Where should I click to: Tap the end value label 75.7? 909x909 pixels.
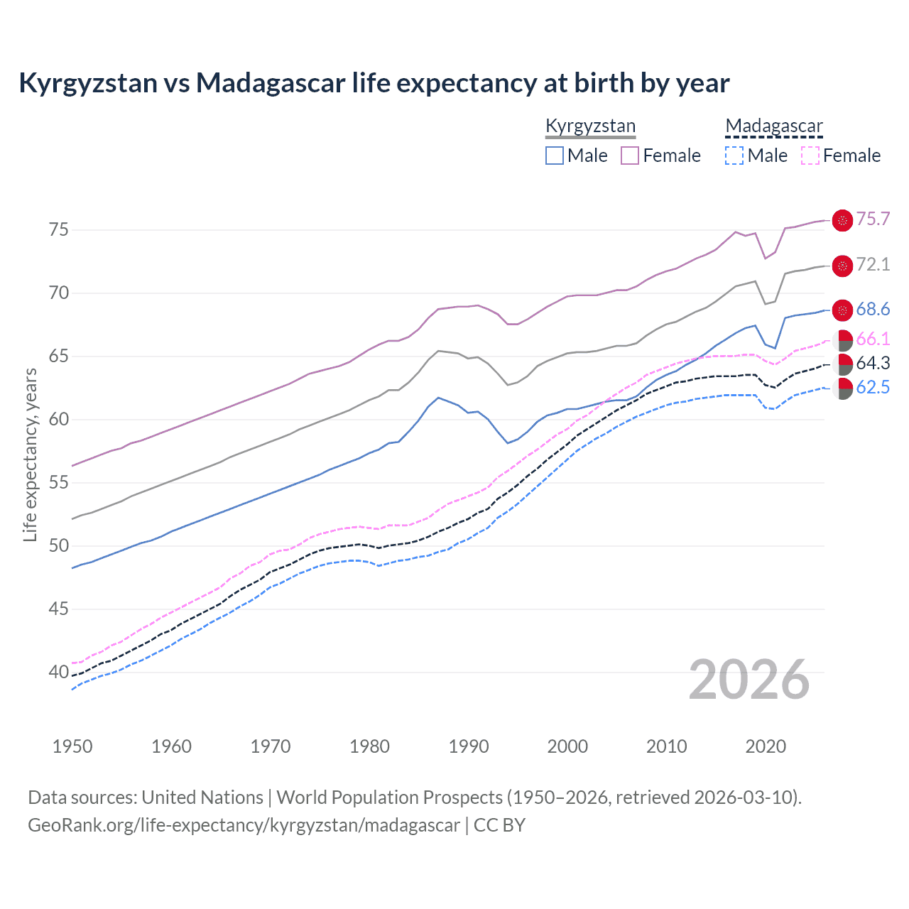pyautogui.click(x=873, y=219)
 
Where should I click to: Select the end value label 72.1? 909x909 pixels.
pyautogui.click(x=873, y=265)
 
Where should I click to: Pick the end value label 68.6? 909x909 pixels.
pyautogui.click(x=873, y=310)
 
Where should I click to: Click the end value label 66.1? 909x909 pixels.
pyautogui.click(x=873, y=339)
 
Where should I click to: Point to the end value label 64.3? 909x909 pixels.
pyautogui.click(x=873, y=364)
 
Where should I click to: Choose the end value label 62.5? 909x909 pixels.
pyautogui.click(x=873, y=388)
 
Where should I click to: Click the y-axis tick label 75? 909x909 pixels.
pyautogui.click(x=58, y=230)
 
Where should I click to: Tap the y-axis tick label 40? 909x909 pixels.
pyautogui.click(x=58, y=672)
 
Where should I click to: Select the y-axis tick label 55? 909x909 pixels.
pyautogui.click(x=58, y=483)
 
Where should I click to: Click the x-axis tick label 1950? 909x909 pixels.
pyautogui.click(x=72, y=746)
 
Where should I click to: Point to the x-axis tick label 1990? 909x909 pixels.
pyautogui.click(x=469, y=746)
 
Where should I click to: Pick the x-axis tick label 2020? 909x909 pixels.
pyautogui.click(x=766, y=746)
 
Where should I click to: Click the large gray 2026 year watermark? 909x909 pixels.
pyautogui.click(x=749, y=680)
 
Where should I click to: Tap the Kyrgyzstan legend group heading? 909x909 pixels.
pyautogui.click(x=590, y=126)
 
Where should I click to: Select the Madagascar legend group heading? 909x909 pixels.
pyautogui.click(x=773, y=126)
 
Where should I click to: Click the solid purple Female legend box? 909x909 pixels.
pyautogui.click(x=630, y=156)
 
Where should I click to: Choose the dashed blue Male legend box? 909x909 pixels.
pyautogui.click(x=734, y=156)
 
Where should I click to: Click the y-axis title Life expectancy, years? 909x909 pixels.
pyautogui.click(x=31, y=454)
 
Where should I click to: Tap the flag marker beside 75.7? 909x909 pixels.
pyautogui.click(x=842, y=221)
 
